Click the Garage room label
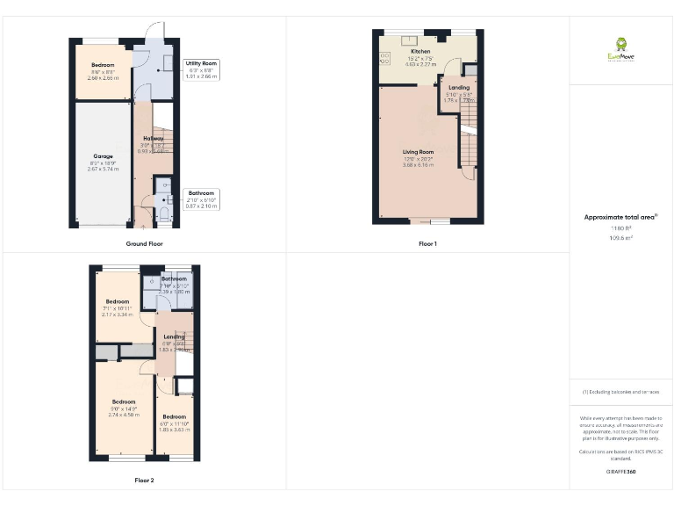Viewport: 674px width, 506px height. pyautogui.click(x=104, y=156)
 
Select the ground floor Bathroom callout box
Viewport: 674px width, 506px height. pyautogui.click(x=202, y=193)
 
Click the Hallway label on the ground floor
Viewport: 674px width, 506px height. pyautogui.click(x=154, y=139)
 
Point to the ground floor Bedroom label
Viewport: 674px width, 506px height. pyautogui.click(x=103, y=65)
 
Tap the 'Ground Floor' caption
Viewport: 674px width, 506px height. pyautogui.click(x=144, y=243)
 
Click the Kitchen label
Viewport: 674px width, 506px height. pyautogui.click(x=420, y=52)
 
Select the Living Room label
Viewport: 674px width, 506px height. pyautogui.click(x=419, y=152)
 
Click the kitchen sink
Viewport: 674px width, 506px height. pyautogui.click(x=409, y=40)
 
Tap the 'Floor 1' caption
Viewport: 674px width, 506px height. pyautogui.click(x=427, y=243)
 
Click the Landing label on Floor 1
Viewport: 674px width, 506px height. pyautogui.click(x=459, y=88)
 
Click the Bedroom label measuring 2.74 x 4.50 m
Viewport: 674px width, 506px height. pyautogui.click(x=124, y=402)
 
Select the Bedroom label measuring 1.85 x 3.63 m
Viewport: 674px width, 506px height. pyautogui.click(x=174, y=416)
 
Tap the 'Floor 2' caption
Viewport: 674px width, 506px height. pyautogui.click(x=144, y=481)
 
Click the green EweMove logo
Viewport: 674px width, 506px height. pyautogui.click(x=620, y=46)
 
